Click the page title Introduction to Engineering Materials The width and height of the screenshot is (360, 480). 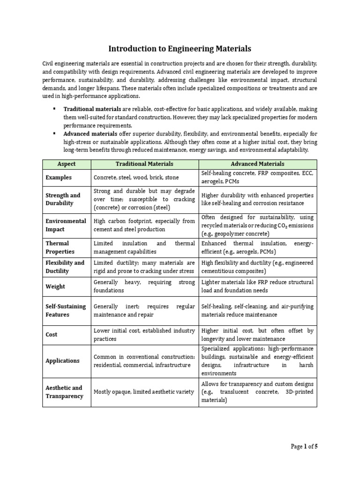click(x=180, y=48)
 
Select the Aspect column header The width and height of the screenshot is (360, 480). click(x=66, y=164)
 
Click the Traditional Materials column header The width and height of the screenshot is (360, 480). click(x=144, y=164)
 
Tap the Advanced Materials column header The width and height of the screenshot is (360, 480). click(x=257, y=164)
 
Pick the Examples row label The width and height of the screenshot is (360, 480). click(x=59, y=178)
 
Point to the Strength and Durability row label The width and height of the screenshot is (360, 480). click(x=63, y=199)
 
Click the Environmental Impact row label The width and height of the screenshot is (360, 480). click(x=66, y=225)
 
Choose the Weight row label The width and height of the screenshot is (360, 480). click(x=55, y=286)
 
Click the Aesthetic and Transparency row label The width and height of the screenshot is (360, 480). click(x=64, y=392)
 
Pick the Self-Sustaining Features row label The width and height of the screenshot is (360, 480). click(x=66, y=311)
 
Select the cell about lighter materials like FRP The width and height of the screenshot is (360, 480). click(x=257, y=286)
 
